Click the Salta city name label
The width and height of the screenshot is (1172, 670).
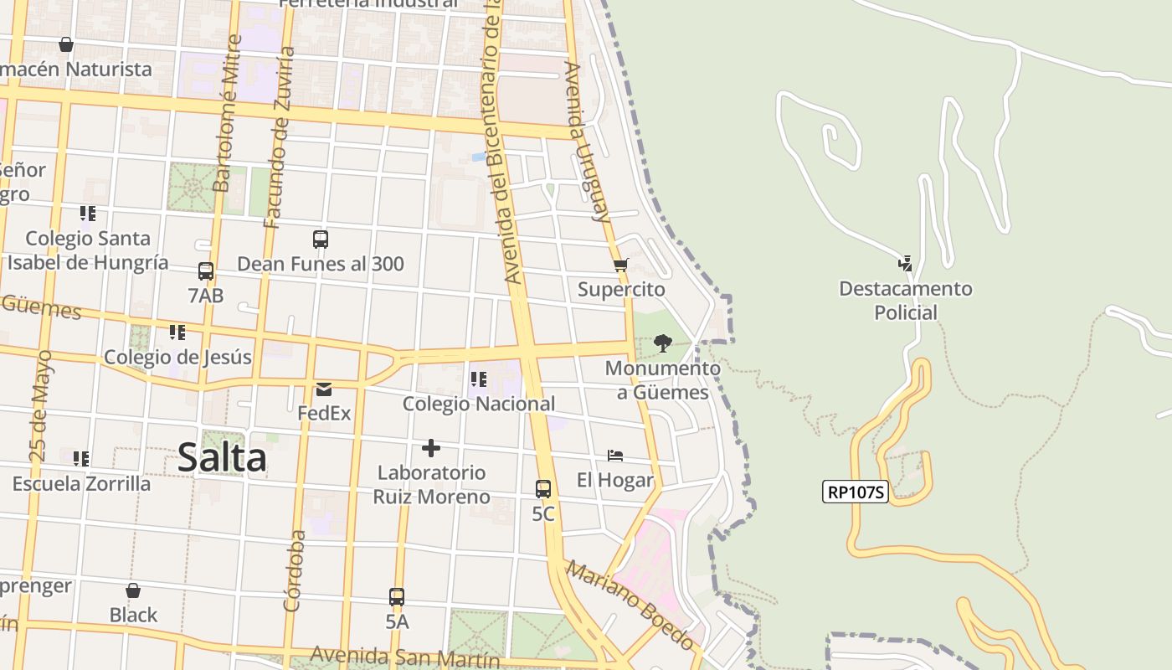click(x=222, y=458)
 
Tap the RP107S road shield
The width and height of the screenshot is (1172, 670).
click(x=855, y=492)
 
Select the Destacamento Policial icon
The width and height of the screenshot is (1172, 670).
click(x=905, y=264)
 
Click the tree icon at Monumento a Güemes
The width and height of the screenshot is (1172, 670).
click(x=662, y=343)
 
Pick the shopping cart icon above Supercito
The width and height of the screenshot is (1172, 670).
click(x=620, y=265)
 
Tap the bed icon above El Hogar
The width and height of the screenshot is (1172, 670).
click(x=615, y=456)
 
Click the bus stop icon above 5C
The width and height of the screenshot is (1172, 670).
click(x=543, y=488)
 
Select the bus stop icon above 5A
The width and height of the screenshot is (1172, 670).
click(x=397, y=597)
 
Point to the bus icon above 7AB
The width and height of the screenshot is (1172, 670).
click(x=206, y=271)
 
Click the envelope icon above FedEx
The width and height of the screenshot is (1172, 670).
click(x=324, y=389)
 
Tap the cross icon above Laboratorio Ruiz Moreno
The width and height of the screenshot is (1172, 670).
click(x=431, y=448)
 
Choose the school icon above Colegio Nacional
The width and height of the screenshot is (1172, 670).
click(x=479, y=379)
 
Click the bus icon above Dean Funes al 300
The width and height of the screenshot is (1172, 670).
click(x=321, y=240)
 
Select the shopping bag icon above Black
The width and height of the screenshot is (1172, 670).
click(x=133, y=590)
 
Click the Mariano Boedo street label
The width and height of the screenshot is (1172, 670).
click(x=630, y=605)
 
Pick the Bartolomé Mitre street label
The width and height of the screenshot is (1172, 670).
click(x=228, y=113)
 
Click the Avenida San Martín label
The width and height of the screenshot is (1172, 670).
click(x=405, y=656)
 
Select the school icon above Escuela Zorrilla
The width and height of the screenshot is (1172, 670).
click(x=81, y=459)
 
